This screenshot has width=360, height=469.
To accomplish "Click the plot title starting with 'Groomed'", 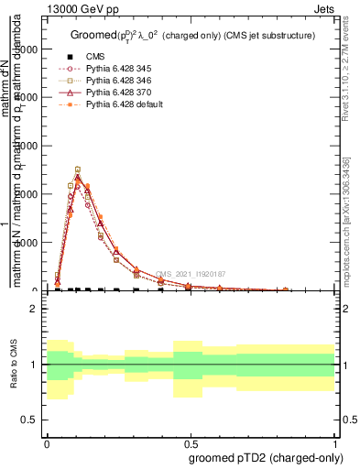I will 191,35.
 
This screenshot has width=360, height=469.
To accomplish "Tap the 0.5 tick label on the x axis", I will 191,442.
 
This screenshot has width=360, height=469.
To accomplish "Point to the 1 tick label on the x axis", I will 334,442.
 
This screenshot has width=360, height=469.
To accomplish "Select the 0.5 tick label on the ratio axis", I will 29,420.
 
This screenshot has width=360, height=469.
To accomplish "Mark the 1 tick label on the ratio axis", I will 34,365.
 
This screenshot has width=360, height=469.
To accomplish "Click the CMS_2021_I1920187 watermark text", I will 190,274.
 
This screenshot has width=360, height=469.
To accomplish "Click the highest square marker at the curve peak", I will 78,169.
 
